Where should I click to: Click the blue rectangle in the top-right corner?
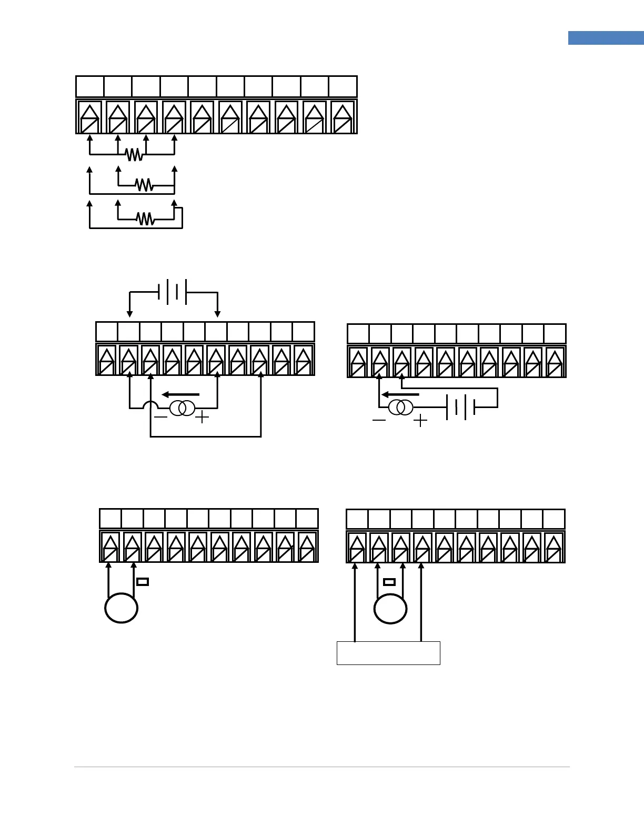[x=606, y=38]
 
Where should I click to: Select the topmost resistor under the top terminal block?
[x=134, y=154]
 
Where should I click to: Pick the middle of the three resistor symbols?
[x=144, y=185]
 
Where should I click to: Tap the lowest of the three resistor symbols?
[x=145, y=219]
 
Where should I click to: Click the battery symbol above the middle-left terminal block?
[x=173, y=292]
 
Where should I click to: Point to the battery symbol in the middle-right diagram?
[x=461, y=407]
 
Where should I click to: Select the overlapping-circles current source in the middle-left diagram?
[x=182, y=408]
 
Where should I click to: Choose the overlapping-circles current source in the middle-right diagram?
[x=400, y=408]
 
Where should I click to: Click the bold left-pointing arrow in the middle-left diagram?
[x=180, y=394]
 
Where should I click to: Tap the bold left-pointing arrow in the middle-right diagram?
[x=400, y=394]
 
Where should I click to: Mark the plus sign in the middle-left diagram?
[x=202, y=418]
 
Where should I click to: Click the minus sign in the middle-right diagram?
[x=379, y=421]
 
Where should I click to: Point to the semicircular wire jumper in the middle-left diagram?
[x=150, y=405]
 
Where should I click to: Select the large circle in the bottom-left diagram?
[x=122, y=608]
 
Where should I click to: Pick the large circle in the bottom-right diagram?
[x=390, y=609]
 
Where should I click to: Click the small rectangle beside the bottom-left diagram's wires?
[x=143, y=582]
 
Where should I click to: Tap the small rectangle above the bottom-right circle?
[x=389, y=582]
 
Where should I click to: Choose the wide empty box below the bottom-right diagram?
[x=388, y=653]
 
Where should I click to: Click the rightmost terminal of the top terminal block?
[x=343, y=117]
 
